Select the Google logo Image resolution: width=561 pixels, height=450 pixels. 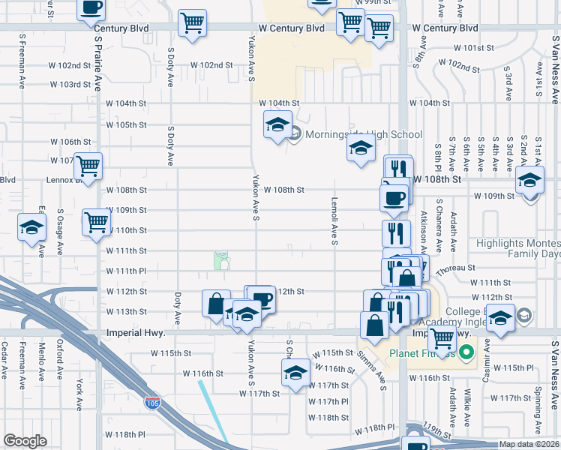(x=25, y=440)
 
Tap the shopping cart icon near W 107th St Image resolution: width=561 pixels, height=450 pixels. (x=88, y=166)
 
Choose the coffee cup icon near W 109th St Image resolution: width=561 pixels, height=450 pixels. (x=394, y=197)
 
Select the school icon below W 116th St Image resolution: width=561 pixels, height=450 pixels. (x=295, y=372)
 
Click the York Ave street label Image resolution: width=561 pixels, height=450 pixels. (x=79, y=393)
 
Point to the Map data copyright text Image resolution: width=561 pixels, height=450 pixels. (x=529, y=444)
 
